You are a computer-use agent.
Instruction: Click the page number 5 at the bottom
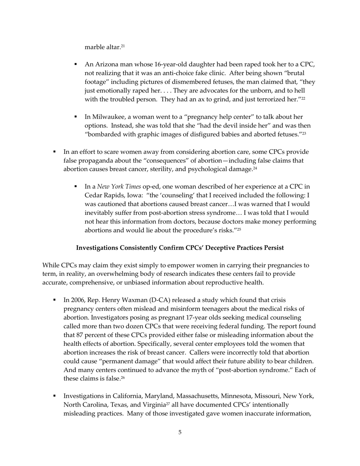(x=180, y=432)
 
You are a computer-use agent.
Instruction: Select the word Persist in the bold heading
(x=272, y=248)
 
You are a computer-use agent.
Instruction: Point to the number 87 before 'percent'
(x=80, y=335)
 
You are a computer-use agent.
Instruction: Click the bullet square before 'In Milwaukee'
(x=76, y=117)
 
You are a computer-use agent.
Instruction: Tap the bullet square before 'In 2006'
(x=55, y=300)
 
